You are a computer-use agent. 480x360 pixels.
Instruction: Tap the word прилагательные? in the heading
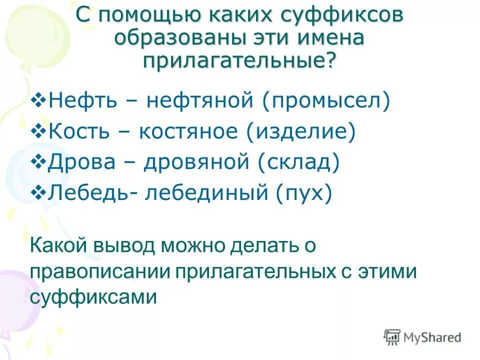[x=240, y=61]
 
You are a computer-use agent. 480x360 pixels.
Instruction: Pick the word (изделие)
[x=300, y=132]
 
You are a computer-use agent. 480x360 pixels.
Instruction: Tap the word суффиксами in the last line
[x=93, y=298]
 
